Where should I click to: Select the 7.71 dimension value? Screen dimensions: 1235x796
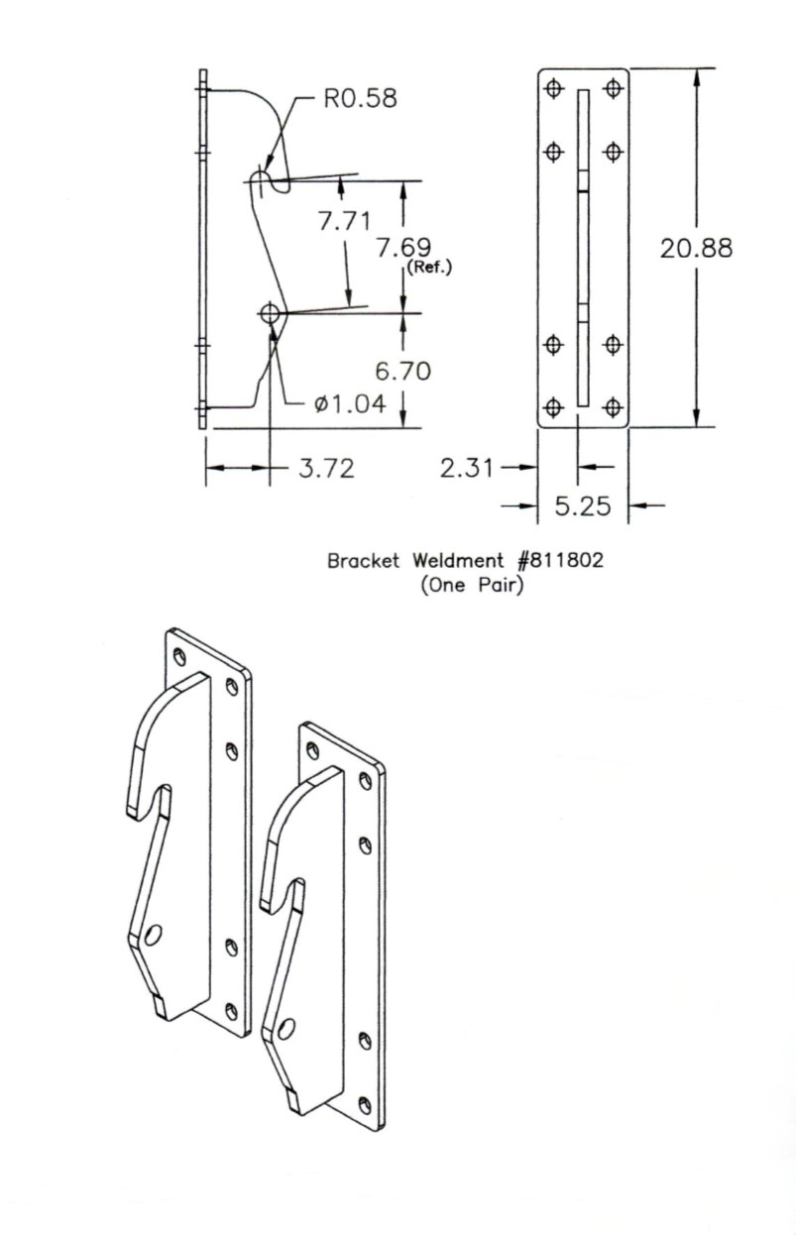(x=344, y=222)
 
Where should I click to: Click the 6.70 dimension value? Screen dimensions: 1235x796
(x=403, y=371)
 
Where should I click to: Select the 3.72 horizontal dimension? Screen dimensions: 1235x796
(x=327, y=468)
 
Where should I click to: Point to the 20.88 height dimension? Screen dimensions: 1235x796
(x=697, y=248)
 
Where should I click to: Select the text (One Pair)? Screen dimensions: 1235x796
(x=471, y=585)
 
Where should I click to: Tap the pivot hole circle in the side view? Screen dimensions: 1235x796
(x=269, y=313)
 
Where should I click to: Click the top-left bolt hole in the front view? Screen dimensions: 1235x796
(x=554, y=90)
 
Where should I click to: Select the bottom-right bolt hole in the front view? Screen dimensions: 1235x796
(x=613, y=406)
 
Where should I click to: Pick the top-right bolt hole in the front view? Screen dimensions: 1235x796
(x=613, y=90)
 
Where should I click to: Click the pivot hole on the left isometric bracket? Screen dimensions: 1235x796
(x=153, y=934)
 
